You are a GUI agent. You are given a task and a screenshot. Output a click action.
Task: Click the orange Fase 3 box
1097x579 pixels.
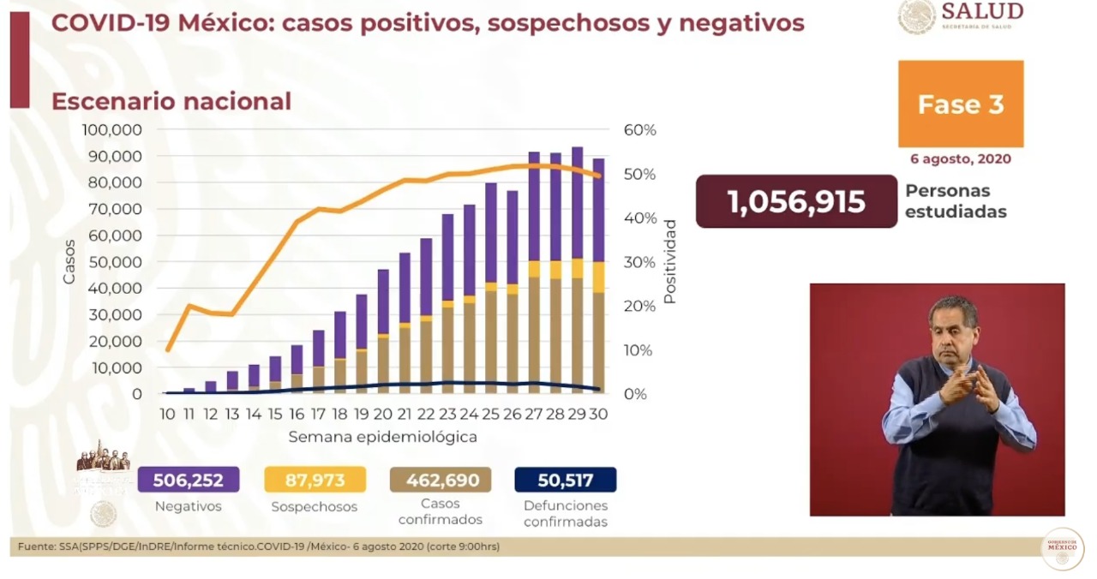click(961, 104)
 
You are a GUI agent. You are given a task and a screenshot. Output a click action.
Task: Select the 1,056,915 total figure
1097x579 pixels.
click(796, 202)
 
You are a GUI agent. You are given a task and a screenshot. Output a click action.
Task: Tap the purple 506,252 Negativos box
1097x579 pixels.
click(188, 480)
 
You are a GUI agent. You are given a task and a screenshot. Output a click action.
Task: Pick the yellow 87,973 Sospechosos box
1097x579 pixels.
click(315, 480)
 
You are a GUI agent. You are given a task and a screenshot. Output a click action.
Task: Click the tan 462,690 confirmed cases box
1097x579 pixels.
click(440, 480)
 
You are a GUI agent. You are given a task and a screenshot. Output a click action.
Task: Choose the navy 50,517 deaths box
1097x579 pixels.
click(566, 480)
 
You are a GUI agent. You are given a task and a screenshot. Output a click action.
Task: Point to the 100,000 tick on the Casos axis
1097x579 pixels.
click(112, 130)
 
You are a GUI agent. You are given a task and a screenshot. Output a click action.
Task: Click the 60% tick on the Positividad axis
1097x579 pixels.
click(639, 130)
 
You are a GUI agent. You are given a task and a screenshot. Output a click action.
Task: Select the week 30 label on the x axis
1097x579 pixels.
click(598, 414)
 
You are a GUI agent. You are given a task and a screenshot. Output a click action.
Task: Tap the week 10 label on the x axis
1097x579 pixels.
click(167, 414)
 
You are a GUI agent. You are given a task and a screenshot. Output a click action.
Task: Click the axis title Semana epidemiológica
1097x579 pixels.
click(382, 437)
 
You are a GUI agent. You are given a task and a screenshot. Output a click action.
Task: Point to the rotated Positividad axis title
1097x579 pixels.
click(670, 261)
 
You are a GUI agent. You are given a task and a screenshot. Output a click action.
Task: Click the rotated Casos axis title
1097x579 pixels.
click(69, 261)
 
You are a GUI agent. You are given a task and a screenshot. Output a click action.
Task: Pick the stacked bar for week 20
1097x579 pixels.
click(383, 331)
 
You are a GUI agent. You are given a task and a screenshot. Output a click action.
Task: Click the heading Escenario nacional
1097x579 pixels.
click(171, 101)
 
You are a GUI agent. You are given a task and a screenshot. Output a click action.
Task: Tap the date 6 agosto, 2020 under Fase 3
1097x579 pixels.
click(961, 159)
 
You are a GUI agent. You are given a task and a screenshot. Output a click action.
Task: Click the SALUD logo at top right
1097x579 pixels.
click(961, 16)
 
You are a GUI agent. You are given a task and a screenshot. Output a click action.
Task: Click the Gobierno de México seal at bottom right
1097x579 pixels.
click(1062, 549)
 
